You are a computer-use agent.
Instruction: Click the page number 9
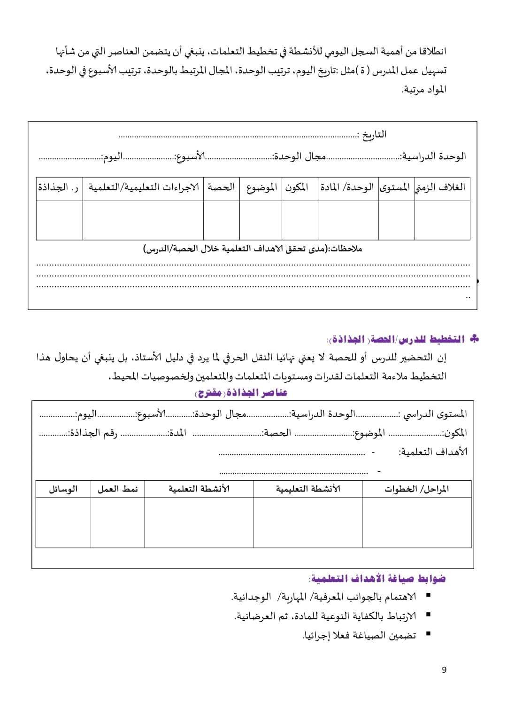point(444,670)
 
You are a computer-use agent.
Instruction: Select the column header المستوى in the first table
point(396,187)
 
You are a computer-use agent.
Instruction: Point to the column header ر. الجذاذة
point(59,187)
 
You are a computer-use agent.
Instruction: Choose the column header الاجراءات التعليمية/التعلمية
point(143,187)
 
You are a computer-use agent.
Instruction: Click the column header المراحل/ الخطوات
point(416,489)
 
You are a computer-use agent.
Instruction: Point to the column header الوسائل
point(63,489)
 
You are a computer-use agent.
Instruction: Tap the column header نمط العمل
point(117,489)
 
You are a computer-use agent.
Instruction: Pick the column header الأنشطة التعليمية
point(307,489)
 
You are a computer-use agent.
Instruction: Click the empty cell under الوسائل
point(63,522)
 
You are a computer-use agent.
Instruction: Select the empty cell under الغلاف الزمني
point(442,220)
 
